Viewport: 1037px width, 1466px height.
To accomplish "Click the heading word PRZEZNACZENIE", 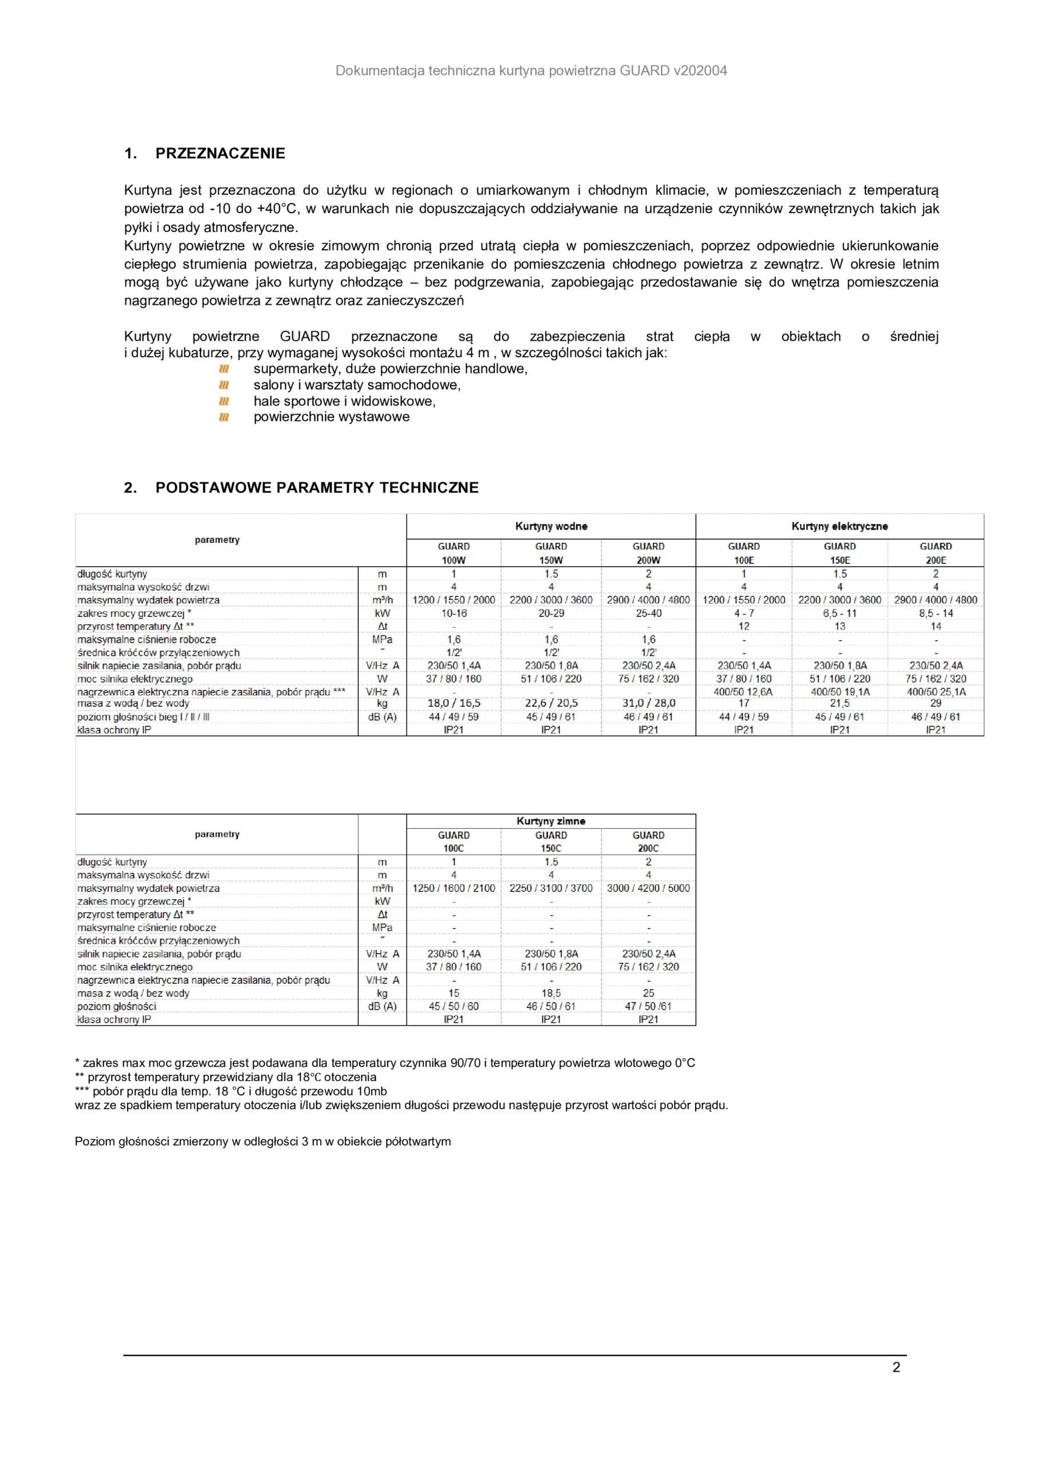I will (220, 153).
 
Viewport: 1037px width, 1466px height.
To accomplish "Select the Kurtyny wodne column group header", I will (551, 526).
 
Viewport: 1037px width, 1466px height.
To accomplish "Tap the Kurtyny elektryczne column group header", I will (839, 526).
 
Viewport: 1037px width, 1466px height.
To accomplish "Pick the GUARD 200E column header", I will (936, 553).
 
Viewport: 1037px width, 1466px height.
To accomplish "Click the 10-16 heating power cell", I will (454, 613).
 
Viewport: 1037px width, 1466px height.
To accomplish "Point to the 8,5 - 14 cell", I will (936, 613).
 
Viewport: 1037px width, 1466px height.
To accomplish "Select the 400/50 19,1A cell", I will (839, 692).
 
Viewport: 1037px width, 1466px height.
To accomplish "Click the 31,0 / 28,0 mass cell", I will (648, 703).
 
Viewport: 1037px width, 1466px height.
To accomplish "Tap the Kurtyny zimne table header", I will (551, 821).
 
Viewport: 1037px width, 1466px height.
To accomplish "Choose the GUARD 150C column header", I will (551, 842).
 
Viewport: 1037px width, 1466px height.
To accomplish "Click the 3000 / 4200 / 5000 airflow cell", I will (648, 888).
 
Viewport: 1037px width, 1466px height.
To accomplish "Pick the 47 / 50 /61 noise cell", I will (648, 1006).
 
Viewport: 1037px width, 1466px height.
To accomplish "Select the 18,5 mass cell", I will (551, 993).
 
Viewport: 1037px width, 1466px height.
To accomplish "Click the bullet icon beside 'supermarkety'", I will (223, 369).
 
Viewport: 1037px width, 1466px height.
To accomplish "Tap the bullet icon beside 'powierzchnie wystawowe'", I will (223, 417).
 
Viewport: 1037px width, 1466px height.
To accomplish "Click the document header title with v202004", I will (531, 71).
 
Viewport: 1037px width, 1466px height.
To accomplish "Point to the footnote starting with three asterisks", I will (231, 1091).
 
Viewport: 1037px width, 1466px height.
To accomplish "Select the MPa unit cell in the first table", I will (382, 639).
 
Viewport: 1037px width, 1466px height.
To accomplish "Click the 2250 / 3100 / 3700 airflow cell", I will (551, 888).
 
